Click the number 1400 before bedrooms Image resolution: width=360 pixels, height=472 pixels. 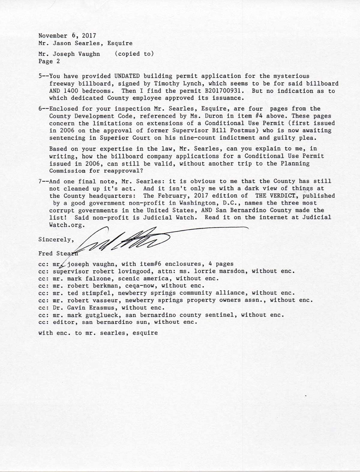point(70,91)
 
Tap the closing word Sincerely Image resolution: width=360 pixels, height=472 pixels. point(56,240)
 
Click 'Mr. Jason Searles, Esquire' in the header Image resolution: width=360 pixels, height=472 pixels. point(85,43)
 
